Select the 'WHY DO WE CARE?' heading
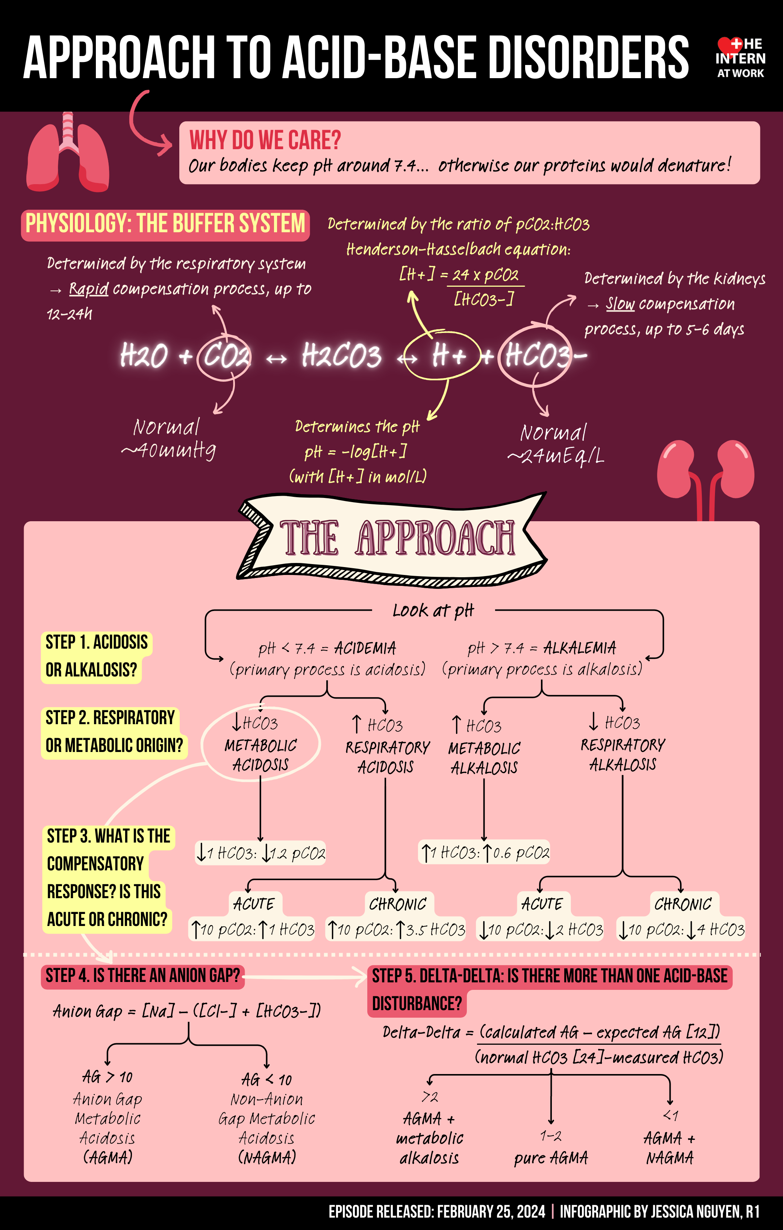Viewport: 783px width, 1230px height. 265,140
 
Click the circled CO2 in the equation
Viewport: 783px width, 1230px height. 225,356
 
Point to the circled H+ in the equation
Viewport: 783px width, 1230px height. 444,356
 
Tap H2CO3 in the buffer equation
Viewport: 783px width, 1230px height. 341,356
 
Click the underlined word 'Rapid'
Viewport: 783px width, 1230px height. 88,289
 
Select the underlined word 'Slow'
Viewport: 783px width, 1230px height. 620,304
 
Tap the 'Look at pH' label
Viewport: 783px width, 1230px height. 433,610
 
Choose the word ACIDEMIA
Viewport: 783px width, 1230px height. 365,648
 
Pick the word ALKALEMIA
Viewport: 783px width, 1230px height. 580,648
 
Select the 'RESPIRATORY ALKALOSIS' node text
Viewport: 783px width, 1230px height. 622,755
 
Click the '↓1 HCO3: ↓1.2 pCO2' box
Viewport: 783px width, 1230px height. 260,853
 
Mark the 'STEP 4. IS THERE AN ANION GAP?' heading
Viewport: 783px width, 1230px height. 142,976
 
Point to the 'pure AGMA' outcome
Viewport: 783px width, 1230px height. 551,1158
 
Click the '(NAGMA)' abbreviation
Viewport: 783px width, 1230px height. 267,1157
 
